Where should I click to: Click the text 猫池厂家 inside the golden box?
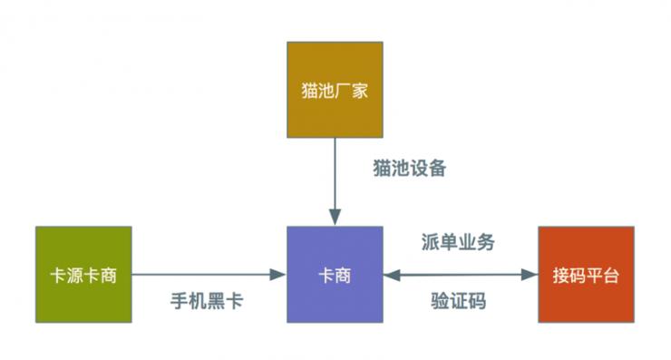335,91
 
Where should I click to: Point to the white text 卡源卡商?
83,275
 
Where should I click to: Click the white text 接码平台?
586,275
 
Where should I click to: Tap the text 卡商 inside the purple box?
335,275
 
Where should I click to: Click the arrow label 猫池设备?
409,169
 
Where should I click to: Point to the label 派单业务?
458,243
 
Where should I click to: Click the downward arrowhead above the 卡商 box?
335,218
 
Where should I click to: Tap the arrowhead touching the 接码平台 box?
530,274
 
